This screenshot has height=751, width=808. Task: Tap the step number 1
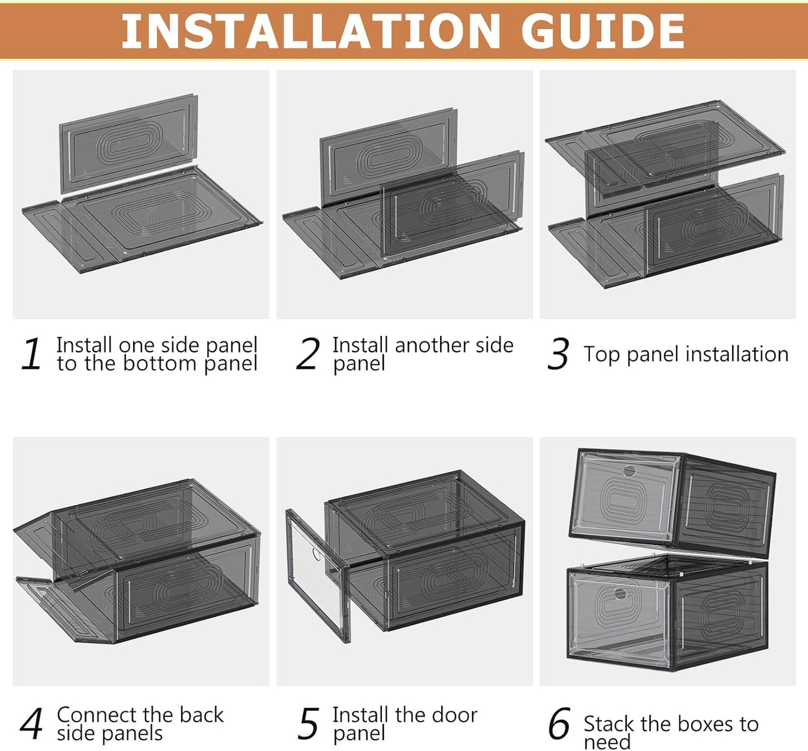[x=32, y=354]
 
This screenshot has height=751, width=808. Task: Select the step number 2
[x=308, y=354]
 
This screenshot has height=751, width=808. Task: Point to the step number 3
[x=557, y=354]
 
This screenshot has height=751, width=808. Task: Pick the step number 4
[x=31, y=724]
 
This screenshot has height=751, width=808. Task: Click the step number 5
[x=308, y=724]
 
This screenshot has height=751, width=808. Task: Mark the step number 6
[x=559, y=724]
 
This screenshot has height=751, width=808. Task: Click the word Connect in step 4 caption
[x=97, y=715]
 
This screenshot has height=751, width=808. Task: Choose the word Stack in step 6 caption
[x=609, y=724]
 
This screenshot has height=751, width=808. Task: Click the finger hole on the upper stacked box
[x=630, y=470]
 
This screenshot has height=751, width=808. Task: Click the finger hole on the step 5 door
[x=316, y=555]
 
